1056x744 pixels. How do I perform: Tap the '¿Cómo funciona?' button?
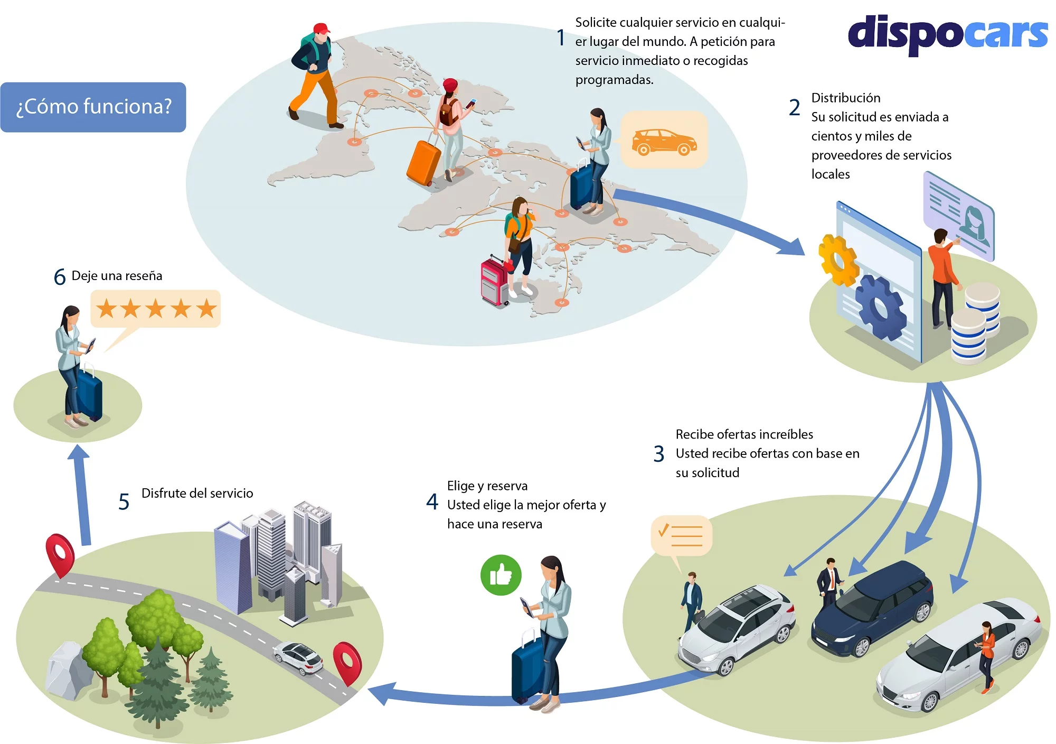click(93, 107)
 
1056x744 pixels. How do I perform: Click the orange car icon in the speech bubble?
click(664, 141)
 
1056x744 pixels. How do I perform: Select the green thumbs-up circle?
click(501, 575)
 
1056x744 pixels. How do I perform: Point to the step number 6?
click(60, 277)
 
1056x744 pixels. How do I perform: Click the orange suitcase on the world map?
click(423, 163)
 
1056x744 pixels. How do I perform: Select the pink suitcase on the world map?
click(494, 282)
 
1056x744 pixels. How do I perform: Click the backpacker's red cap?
click(321, 29)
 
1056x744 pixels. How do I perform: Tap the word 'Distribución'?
click(846, 98)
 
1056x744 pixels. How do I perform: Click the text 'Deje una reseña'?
click(117, 276)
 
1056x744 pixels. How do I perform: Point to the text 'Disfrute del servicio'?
click(197, 493)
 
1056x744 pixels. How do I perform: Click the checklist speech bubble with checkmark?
click(682, 535)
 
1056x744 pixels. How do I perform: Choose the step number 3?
click(658, 454)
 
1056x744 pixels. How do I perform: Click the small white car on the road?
click(298, 657)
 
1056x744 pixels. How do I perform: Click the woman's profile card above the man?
click(959, 217)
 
